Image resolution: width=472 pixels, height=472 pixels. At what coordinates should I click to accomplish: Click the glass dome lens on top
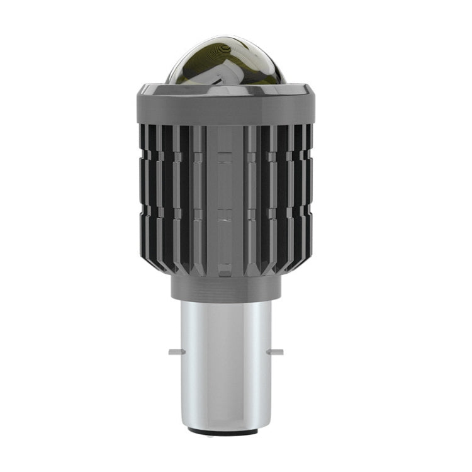click(225, 63)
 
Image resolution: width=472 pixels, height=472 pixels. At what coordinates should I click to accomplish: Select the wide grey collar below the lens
click(225, 107)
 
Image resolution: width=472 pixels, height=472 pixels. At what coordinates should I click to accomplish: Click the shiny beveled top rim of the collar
click(225, 87)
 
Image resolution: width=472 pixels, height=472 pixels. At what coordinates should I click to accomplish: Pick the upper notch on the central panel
click(225, 162)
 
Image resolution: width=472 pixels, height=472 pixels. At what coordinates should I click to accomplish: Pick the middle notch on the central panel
click(225, 220)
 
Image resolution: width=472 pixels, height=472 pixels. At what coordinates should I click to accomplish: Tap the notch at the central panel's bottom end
click(225, 272)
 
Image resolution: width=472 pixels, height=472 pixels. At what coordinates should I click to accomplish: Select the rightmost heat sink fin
click(308, 189)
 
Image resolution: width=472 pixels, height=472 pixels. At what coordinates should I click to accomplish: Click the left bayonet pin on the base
click(174, 352)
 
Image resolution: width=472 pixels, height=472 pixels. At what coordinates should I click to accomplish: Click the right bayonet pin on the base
click(275, 352)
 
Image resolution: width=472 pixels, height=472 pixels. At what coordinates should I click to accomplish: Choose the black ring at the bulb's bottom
click(225, 432)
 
